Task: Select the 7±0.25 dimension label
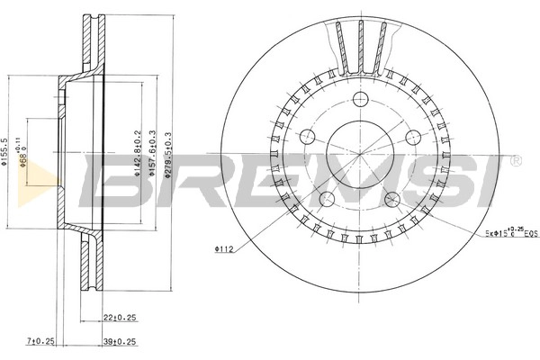pos(41,341)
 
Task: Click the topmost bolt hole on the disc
pos(361,99)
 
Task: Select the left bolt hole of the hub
pos(307,137)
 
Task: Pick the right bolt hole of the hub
pos(414,137)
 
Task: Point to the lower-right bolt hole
pos(393,200)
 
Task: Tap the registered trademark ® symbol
pos(515,160)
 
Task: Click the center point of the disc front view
pos(360,155)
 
